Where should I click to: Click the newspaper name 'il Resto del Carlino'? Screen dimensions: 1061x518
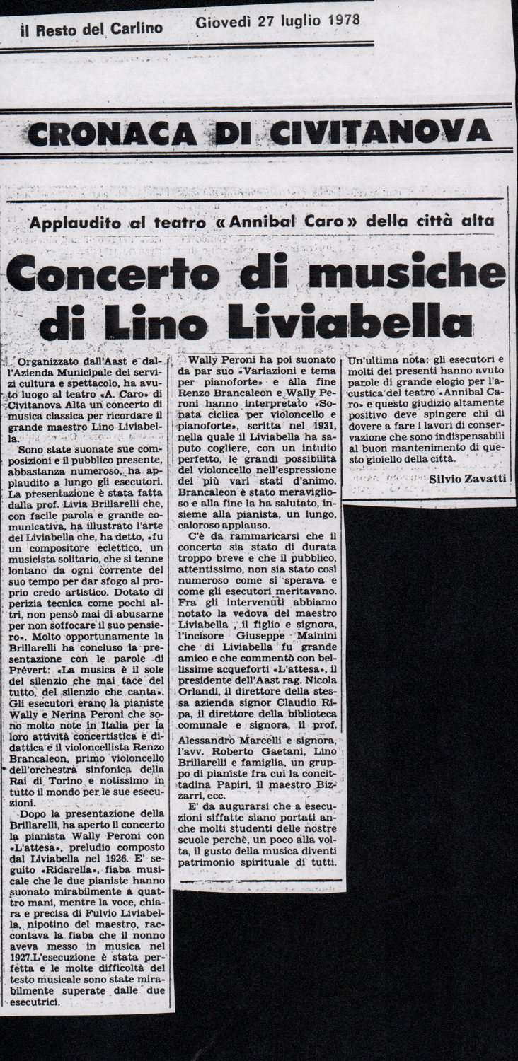point(91,28)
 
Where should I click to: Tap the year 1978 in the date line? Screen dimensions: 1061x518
point(337,20)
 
